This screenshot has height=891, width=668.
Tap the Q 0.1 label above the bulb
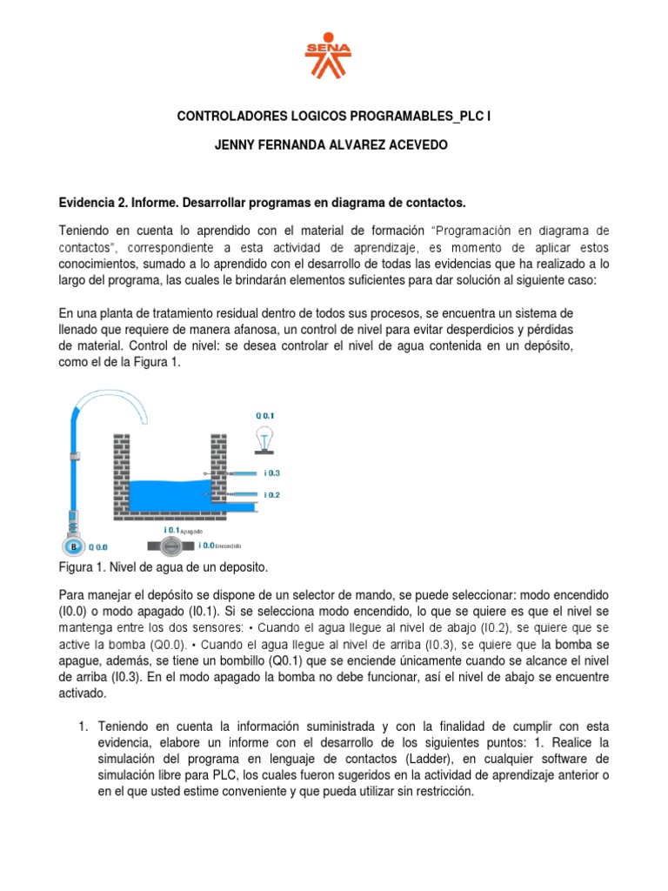point(264,416)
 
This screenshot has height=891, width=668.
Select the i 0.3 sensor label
point(271,473)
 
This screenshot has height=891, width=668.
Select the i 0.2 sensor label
point(271,494)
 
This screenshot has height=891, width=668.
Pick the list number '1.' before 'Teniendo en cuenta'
point(85,726)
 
